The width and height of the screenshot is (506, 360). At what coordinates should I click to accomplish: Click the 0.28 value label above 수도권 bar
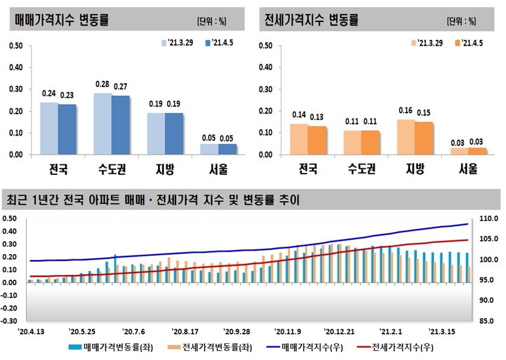pos(102,84)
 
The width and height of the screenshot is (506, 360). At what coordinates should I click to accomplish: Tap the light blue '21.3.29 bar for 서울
pos(209,149)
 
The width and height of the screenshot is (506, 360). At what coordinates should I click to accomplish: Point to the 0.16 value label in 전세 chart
pos(405,110)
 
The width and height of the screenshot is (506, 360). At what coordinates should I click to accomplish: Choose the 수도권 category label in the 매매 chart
pos(111,170)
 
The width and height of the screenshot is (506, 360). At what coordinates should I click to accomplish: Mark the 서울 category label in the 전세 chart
pos(468,170)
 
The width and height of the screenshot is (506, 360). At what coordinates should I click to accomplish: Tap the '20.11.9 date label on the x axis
pos(288,331)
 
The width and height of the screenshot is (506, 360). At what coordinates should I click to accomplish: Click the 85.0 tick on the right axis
pos(488,321)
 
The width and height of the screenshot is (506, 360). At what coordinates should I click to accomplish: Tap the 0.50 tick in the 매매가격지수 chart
pos(16,45)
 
